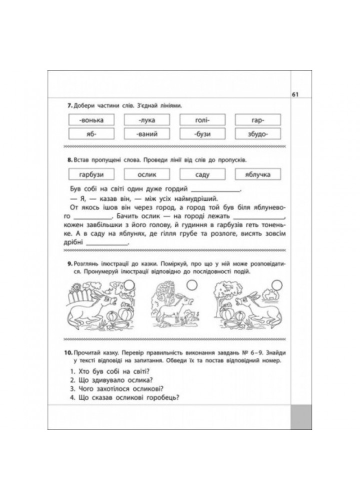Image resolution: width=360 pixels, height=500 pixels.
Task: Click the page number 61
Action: coord(294,95)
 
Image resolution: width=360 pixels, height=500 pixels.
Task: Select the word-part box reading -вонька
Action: coord(90,120)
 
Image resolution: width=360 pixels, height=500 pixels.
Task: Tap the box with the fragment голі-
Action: coord(199,120)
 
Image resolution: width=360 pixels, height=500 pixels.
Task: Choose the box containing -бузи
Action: coord(199,134)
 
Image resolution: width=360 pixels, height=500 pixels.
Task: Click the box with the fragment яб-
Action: coord(90,134)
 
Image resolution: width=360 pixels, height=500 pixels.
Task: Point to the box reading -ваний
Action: coord(144,134)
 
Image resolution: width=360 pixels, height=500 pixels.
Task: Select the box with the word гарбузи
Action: coord(90,174)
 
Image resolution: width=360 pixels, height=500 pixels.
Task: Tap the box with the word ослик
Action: coord(144,174)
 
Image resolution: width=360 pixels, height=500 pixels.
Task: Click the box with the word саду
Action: coord(199,174)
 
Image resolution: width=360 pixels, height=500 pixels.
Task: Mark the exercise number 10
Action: coord(69,353)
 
